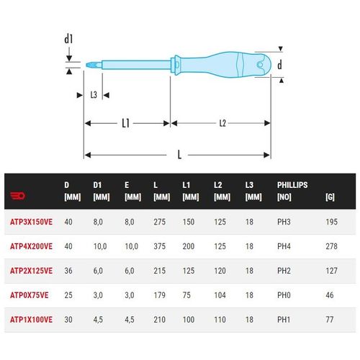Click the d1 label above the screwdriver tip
(x=68, y=39)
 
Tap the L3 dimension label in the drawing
(x=94, y=95)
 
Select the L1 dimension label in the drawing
(x=125, y=123)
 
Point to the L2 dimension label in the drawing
(x=222, y=123)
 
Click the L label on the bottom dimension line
(x=179, y=155)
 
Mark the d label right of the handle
(x=279, y=65)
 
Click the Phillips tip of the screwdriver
(x=94, y=65)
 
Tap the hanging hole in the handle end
(x=260, y=64)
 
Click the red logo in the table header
(x=18, y=196)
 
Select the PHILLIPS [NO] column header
(x=292, y=191)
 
